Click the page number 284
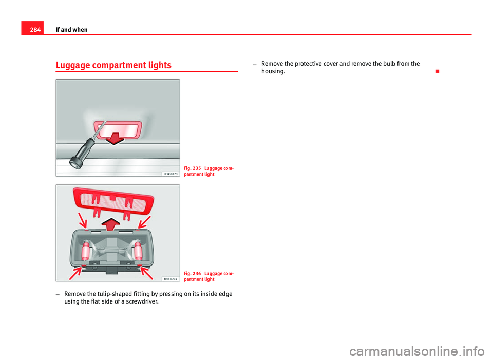pos(35,30)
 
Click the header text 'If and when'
pos(71,30)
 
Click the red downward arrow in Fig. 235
pos(115,139)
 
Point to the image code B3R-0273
pos(170,174)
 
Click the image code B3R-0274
pos(170,278)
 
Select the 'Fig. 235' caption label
pos(193,168)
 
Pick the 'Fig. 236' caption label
pos(193,273)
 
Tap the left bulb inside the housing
pos(85,251)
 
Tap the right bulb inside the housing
pos(138,251)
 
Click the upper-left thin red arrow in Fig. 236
pos(82,220)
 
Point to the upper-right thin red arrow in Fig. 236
pos(144,222)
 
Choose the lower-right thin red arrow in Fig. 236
pos(146,273)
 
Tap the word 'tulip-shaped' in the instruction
pos(106,294)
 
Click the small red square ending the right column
pos(438,71)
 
